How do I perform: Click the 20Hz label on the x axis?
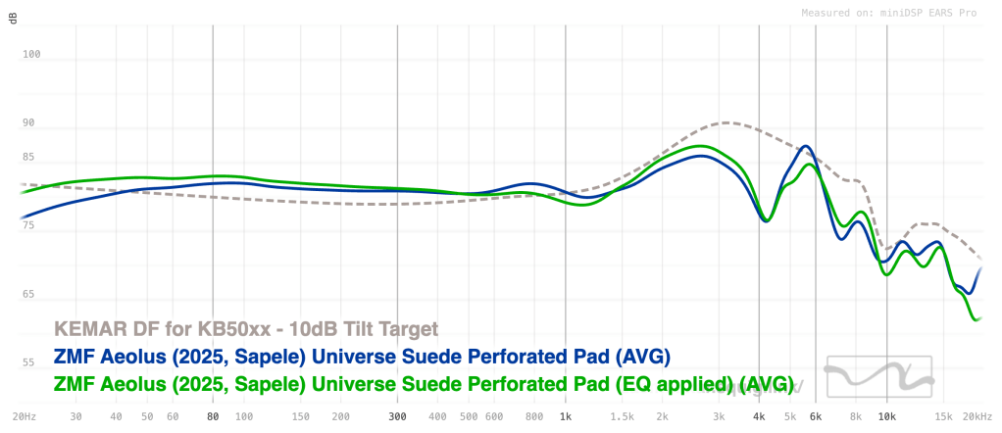24,415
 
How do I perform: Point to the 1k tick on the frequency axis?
565,415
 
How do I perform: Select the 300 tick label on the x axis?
396,415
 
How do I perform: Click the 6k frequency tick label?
815,415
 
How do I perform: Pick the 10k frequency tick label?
886,415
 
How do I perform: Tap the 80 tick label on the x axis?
213,415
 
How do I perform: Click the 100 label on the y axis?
31,55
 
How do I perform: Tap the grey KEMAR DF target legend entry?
244,329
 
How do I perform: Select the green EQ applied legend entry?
423,382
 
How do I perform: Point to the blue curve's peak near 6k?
806,147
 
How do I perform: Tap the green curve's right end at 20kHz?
978,319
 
